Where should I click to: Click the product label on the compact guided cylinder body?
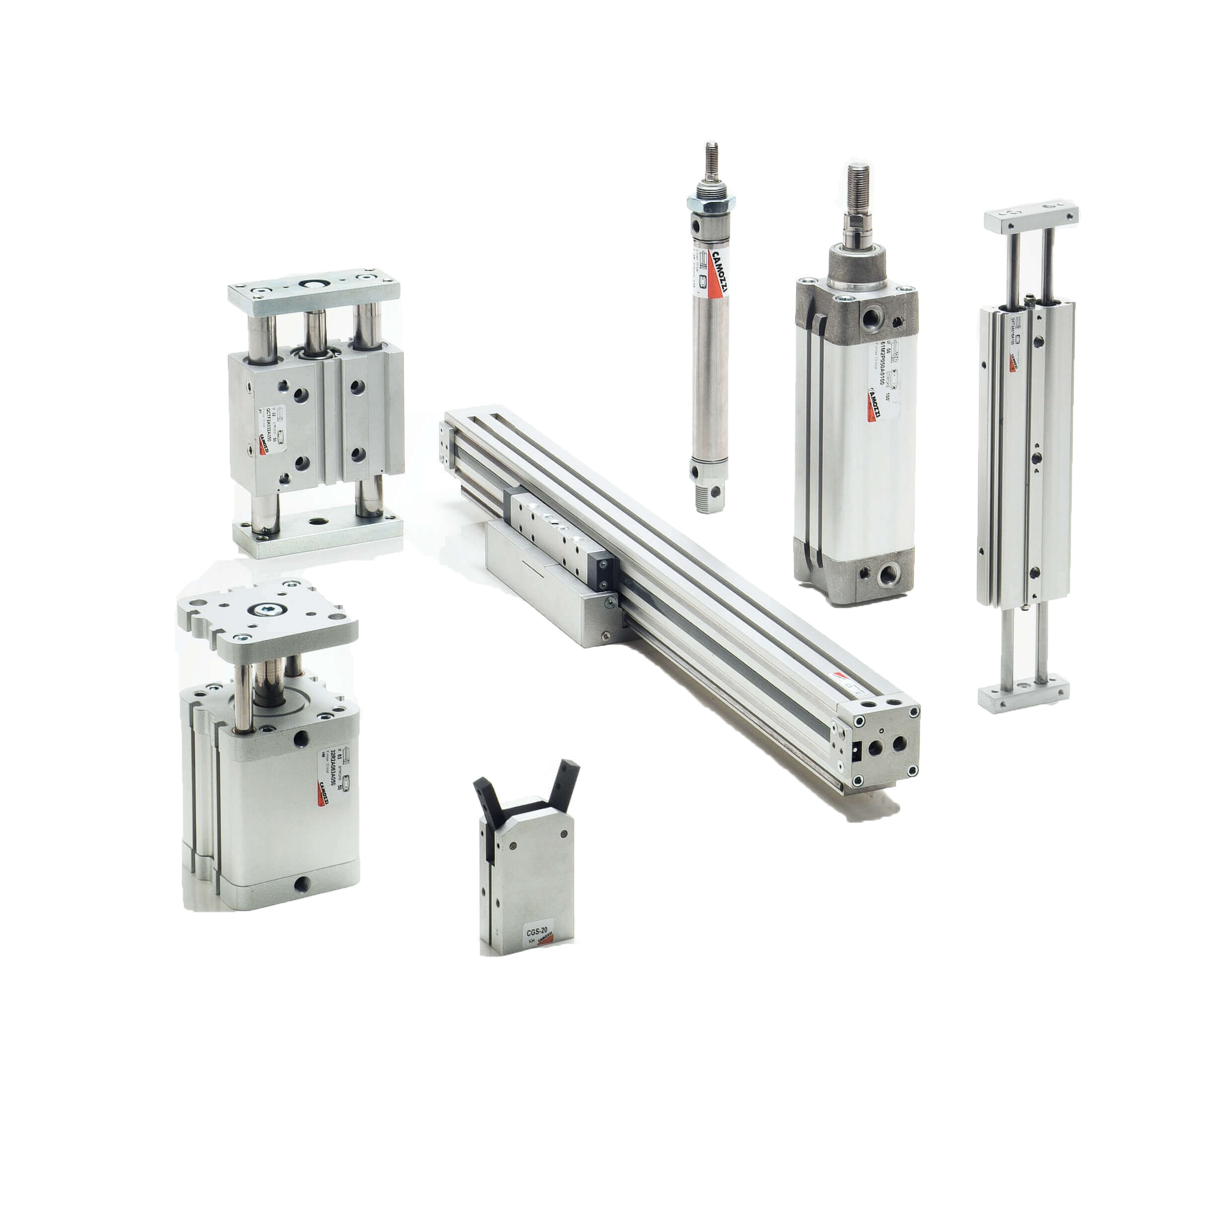pyautogui.click(x=331, y=777)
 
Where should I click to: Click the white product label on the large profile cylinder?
pyautogui.click(x=883, y=383)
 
